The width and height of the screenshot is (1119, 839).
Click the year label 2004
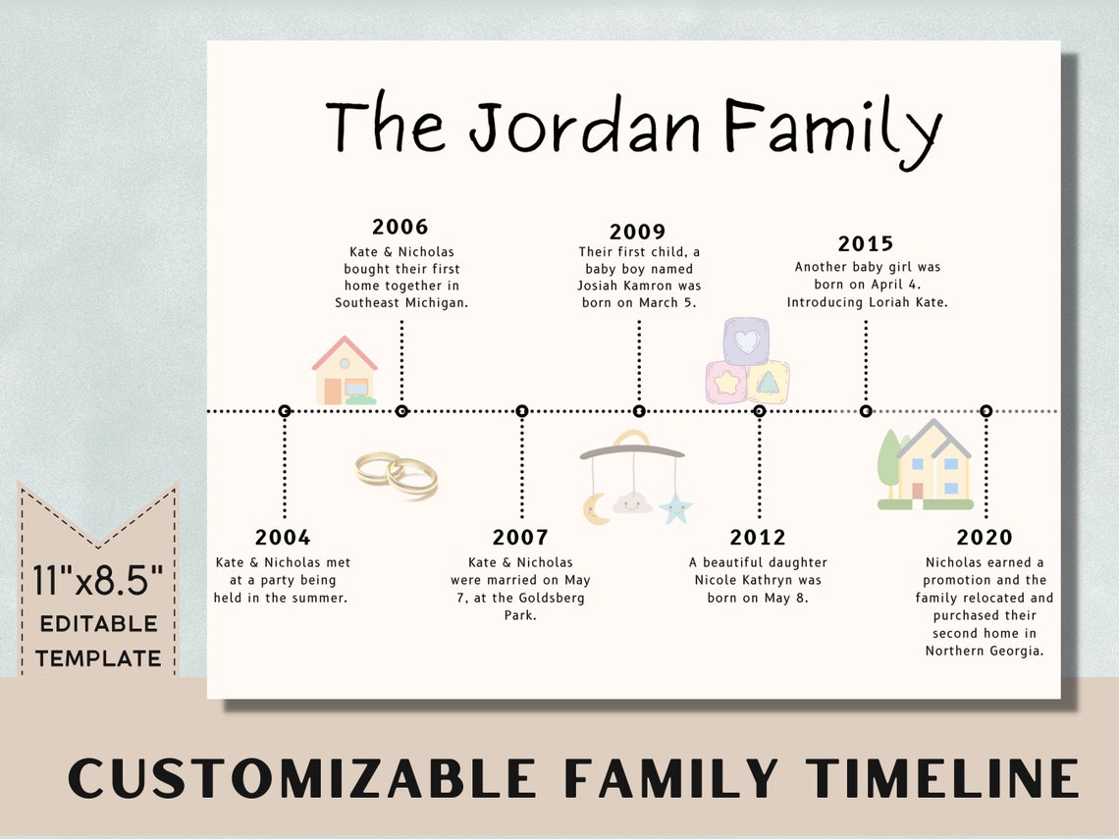(283, 537)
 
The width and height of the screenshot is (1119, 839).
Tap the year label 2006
(400, 227)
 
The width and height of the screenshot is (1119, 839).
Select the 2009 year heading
(638, 232)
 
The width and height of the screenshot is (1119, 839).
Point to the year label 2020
(985, 537)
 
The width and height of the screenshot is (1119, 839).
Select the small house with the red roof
(344, 370)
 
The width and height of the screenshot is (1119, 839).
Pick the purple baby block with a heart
(747, 341)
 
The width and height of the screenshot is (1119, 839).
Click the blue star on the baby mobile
(675, 508)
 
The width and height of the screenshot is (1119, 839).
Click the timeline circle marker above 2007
(522, 411)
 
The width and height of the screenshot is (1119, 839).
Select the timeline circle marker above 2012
(759, 411)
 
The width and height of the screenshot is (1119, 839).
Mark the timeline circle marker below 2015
(866, 411)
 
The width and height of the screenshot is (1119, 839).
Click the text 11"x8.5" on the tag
(97, 581)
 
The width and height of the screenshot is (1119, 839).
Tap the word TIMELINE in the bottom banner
(942, 779)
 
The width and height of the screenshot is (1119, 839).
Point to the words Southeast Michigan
(401, 302)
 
